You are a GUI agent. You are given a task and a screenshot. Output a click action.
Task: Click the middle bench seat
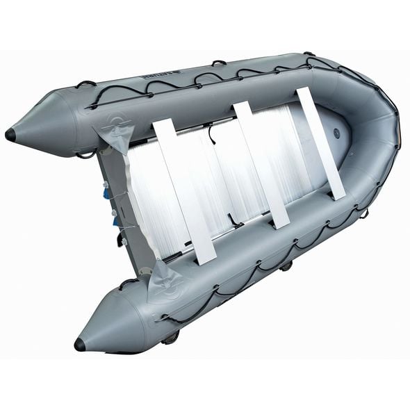click(261, 163)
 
